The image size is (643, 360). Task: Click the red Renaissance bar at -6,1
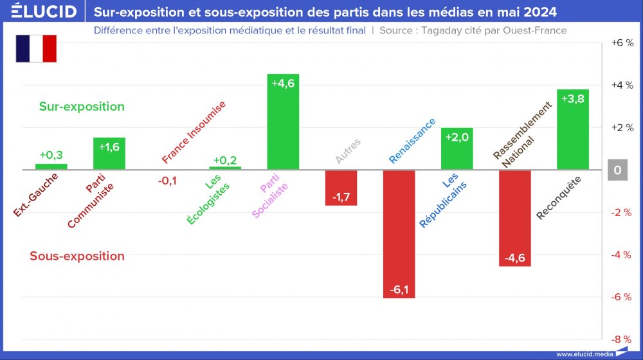pos(399,234)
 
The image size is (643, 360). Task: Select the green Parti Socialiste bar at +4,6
pos(283,122)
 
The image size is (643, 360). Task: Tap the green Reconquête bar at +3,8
pos(573,129)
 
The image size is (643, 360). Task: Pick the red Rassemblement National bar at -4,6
pos(515,218)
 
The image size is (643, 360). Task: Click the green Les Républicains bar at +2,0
pos(457,148)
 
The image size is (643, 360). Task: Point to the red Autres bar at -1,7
pos(341,188)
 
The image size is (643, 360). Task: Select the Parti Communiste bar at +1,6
pos(109,154)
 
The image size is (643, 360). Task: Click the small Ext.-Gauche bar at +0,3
pos(51,166)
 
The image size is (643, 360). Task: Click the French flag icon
pos(37,49)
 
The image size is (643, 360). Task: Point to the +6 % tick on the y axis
pos(621,43)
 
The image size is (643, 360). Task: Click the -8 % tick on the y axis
pos(621,339)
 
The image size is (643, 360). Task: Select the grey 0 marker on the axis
pos(617,170)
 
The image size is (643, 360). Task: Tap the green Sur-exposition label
pos(82,107)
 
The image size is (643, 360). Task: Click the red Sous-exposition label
pos(77,256)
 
